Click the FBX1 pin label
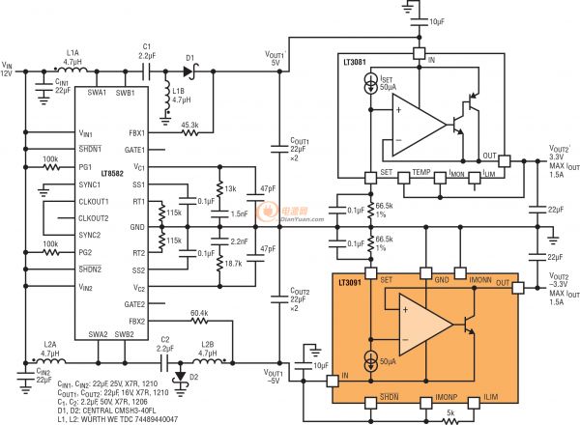coord(135,132)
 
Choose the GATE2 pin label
coord(133,303)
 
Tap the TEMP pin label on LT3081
coord(420,172)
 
